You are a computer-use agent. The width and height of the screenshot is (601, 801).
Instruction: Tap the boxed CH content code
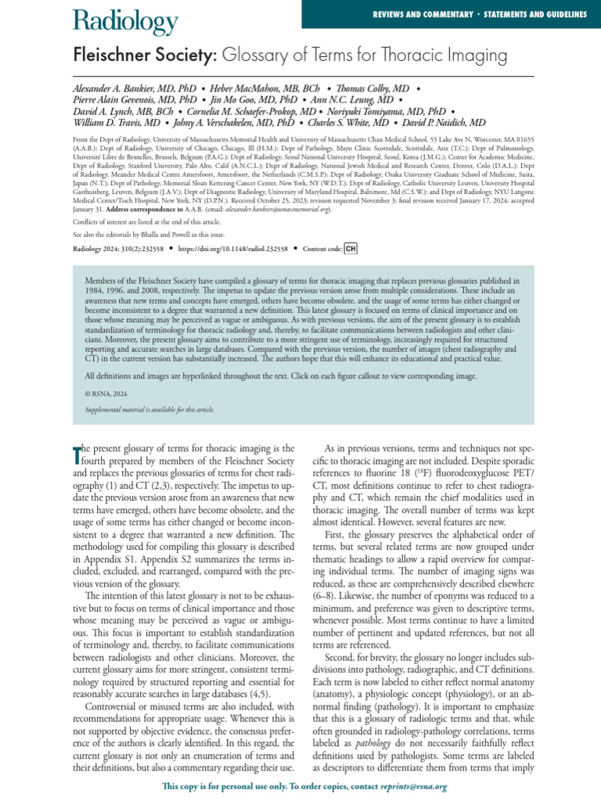351,249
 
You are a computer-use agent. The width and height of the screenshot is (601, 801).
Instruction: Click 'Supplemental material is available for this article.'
149,409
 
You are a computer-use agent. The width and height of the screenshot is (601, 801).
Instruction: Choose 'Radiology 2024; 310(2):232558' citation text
115,249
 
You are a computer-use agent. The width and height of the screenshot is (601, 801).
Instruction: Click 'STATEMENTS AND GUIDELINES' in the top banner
533,14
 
